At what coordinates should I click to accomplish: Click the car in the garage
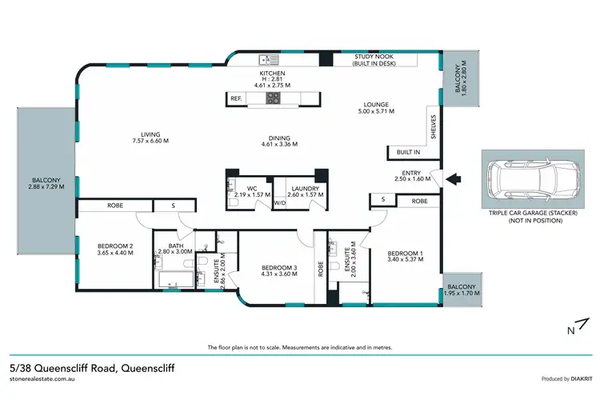point(527,178)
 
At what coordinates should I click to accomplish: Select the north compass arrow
point(574,327)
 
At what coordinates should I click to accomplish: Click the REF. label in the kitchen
point(236,98)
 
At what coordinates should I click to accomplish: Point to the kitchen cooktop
point(273,98)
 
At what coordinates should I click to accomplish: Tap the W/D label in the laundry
point(279,203)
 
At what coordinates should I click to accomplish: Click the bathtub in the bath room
point(175,280)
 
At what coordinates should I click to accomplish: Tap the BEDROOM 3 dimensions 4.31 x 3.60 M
point(280,274)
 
